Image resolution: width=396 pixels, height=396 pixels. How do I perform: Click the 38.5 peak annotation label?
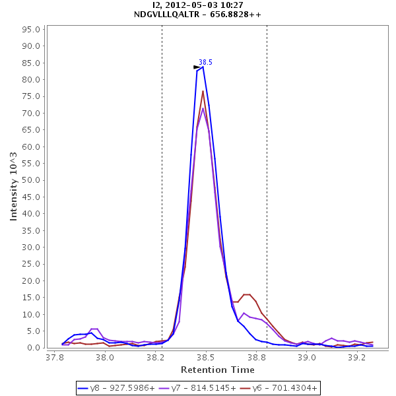click(205, 62)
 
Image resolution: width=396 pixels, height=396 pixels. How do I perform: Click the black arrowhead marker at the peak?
click(197, 67)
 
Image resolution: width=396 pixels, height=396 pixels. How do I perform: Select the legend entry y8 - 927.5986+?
click(116, 388)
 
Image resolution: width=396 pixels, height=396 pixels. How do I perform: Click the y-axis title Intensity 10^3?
click(14, 187)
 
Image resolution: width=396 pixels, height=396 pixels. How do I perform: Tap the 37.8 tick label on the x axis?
click(55, 357)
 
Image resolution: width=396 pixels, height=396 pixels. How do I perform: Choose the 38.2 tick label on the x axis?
click(156, 357)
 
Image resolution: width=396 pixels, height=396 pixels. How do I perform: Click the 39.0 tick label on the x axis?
click(307, 357)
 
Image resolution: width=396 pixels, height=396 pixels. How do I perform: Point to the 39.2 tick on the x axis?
click(357, 357)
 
